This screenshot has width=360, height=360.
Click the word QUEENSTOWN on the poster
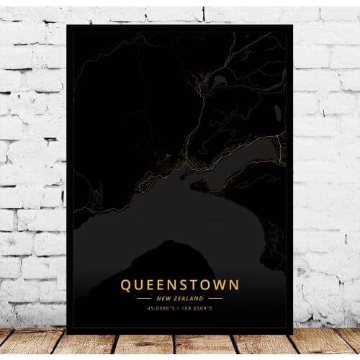coord(179,285)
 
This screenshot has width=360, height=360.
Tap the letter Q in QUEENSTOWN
coord(127,285)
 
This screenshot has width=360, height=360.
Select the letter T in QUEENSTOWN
coord(189,285)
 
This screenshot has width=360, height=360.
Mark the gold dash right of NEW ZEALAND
coord(215,298)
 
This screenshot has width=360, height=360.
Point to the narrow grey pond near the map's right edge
coord(278,112)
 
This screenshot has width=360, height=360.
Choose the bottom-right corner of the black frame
coord(292,333)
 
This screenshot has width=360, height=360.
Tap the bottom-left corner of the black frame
coord(68,333)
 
